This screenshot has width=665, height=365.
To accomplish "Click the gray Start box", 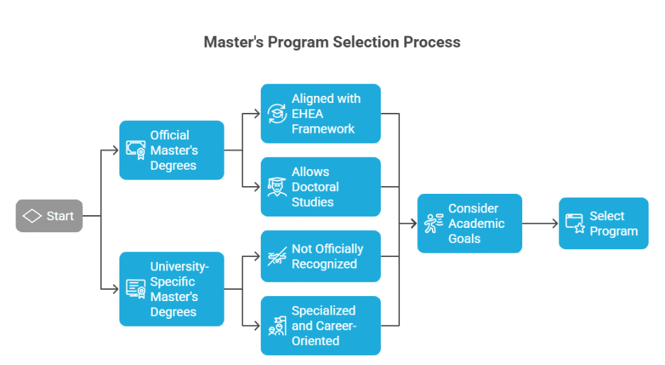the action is click(x=49, y=216).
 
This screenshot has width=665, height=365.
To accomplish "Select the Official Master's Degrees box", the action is click(x=172, y=150).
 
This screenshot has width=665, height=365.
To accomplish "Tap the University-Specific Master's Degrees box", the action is click(x=172, y=289).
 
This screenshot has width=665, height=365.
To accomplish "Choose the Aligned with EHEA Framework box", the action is click(x=320, y=114).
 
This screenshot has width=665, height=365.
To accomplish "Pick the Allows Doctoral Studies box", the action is click(x=320, y=187).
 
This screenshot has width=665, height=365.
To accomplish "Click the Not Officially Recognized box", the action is click(x=320, y=256).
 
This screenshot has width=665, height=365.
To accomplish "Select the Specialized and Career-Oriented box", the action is click(x=320, y=325).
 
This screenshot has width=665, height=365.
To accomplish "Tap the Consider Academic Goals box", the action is click(x=470, y=224).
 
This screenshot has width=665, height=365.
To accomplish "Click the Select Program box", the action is click(x=603, y=224).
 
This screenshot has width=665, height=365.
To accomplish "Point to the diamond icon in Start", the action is click(x=32, y=216).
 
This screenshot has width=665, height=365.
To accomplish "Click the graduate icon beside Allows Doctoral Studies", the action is click(x=277, y=187).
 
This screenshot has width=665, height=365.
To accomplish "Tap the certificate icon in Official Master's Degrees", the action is click(x=136, y=150).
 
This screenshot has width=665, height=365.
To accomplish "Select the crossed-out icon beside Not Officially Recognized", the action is click(x=277, y=256).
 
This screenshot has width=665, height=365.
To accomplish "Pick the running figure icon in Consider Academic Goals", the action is click(x=433, y=224).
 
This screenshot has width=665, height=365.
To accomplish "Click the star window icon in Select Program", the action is click(x=575, y=224).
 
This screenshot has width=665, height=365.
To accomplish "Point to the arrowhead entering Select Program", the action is click(x=555, y=224).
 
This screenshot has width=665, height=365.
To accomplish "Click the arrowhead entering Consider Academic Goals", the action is click(x=413, y=224).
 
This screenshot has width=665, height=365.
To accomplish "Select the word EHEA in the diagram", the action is click(x=308, y=114).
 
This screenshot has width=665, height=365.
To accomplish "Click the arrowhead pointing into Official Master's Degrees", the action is click(x=115, y=150).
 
